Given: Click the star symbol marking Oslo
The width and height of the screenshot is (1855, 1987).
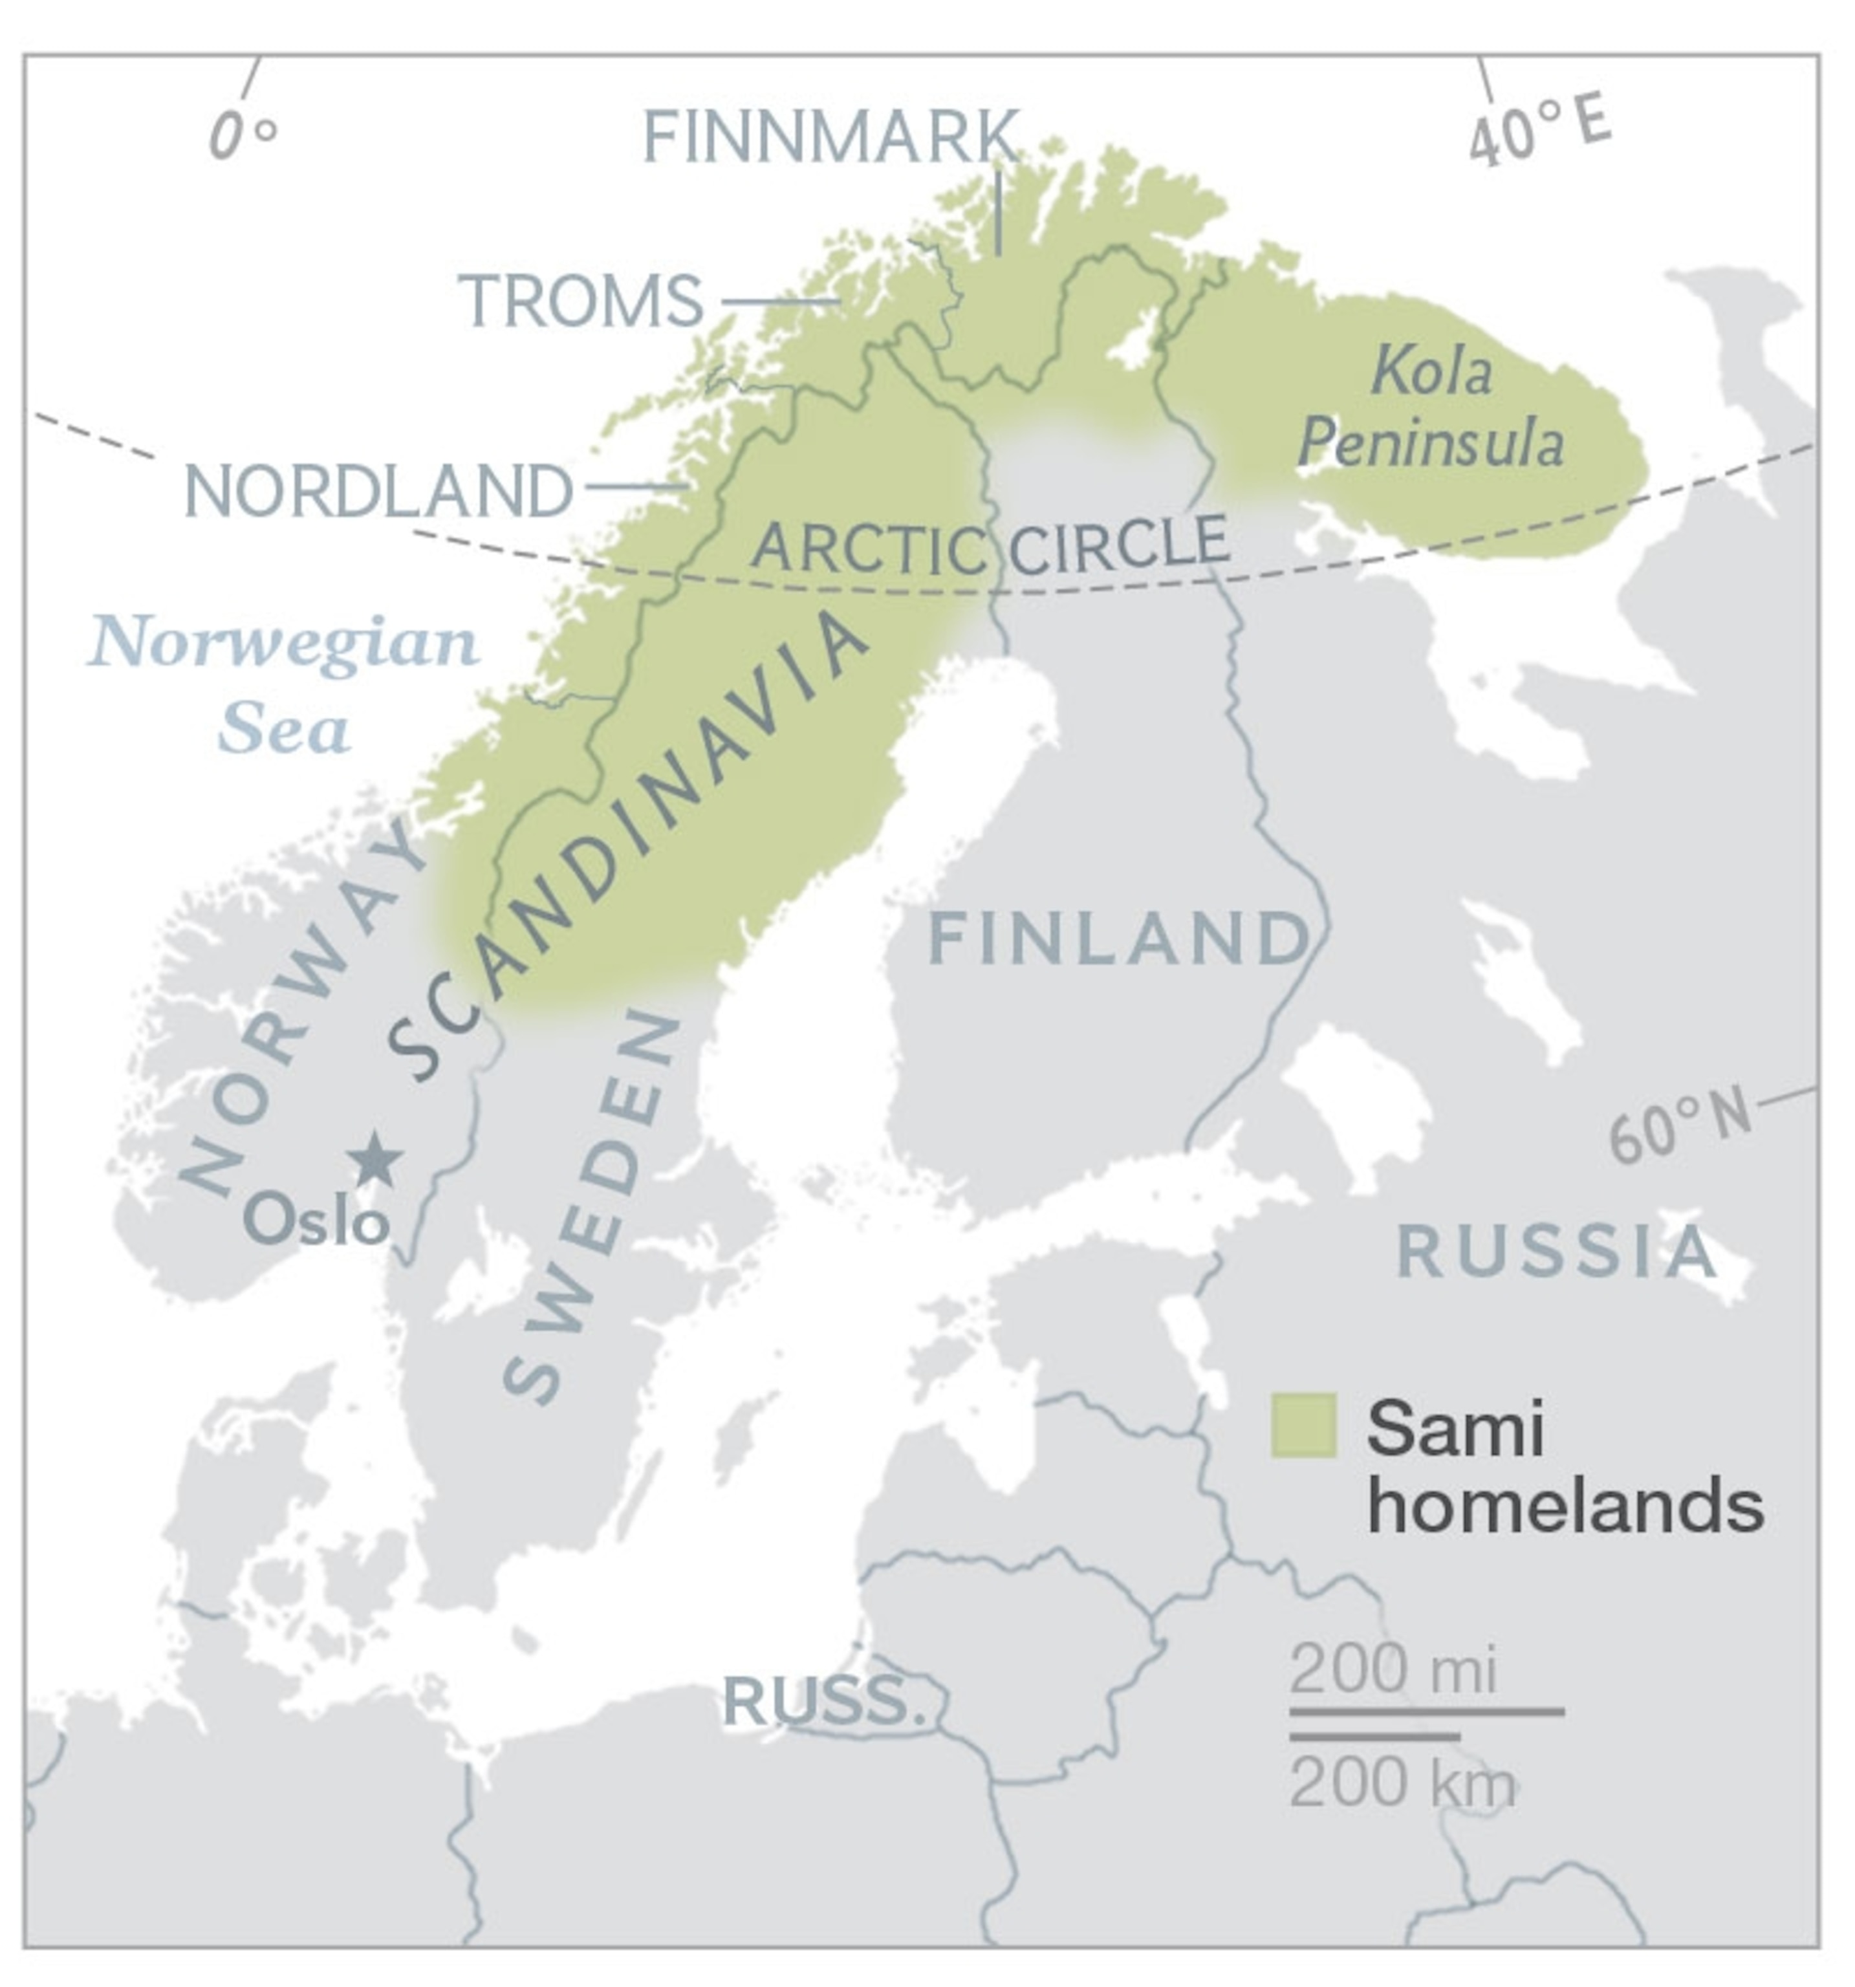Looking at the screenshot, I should pyautogui.click(x=374, y=1160).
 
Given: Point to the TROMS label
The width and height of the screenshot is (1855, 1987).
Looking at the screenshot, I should pyautogui.click(x=581, y=300).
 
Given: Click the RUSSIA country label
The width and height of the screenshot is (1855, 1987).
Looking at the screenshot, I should pyautogui.click(x=1555, y=1252).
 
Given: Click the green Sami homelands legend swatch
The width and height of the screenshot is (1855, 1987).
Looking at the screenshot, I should pyautogui.click(x=1303, y=1424).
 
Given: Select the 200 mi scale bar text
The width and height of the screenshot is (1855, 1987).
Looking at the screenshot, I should pyautogui.click(x=1393, y=1669).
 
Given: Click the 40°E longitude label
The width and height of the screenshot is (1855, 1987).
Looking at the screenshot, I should pyautogui.click(x=1539, y=130).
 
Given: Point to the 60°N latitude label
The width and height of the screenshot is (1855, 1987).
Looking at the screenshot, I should pyautogui.click(x=1679, y=1124).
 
